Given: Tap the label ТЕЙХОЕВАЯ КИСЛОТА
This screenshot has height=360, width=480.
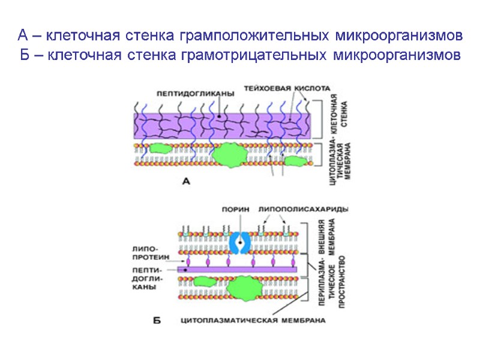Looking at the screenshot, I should pyautogui.click(x=287, y=88).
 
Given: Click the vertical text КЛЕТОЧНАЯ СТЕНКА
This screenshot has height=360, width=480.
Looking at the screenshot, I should pyautogui.click(x=340, y=119).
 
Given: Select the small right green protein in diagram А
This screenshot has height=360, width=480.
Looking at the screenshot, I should pyautogui.click(x=295, y=160).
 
